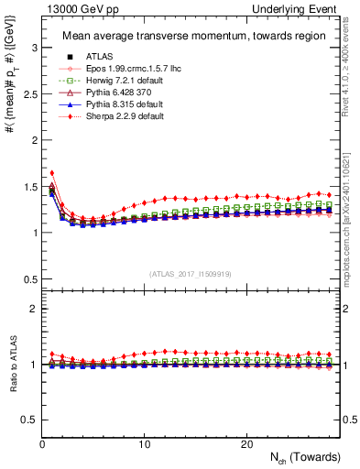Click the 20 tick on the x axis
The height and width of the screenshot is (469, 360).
[x=246, y=444]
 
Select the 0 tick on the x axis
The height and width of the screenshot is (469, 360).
[x=42, y=444]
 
